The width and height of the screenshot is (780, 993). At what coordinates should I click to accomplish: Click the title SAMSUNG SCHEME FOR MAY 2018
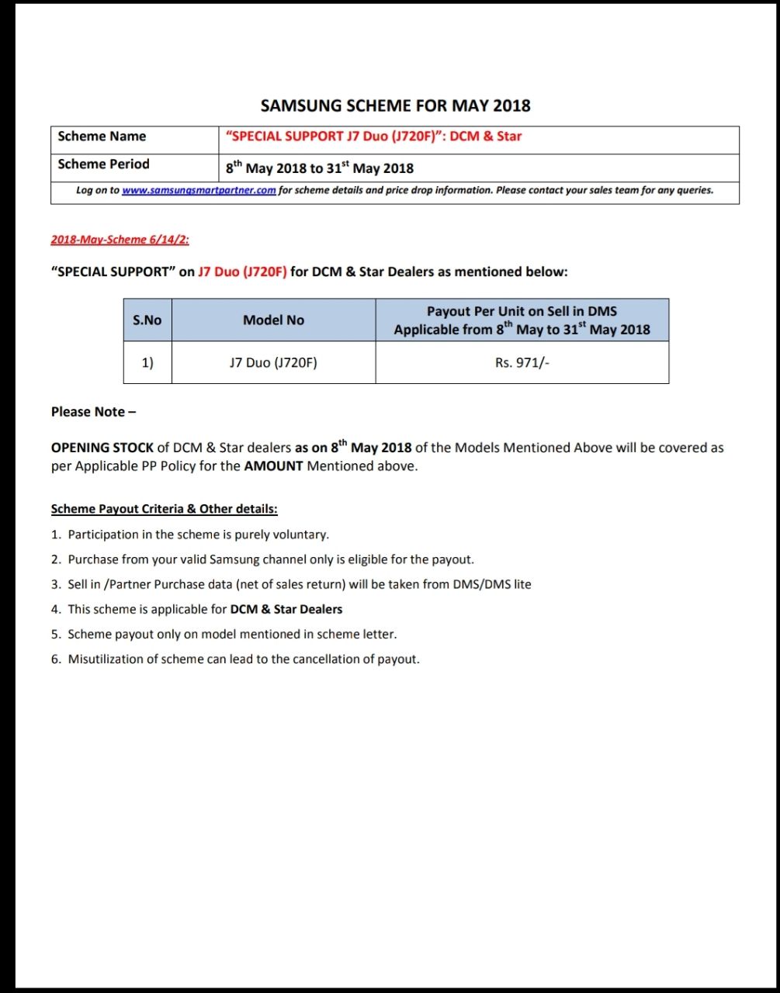[395, 106]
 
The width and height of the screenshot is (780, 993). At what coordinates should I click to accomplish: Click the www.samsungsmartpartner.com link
[199, 190]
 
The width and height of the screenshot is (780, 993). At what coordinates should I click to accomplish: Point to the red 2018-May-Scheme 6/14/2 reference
[120, 240]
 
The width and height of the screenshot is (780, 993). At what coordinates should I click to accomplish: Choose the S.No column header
[147, 320]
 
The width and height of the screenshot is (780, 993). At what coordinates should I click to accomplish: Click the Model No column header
[273, 320]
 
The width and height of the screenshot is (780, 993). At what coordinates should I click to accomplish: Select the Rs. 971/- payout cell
[522, 362]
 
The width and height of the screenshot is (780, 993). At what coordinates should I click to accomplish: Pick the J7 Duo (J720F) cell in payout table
[273, 362]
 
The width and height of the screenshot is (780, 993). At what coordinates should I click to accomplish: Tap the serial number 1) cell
[147, 362]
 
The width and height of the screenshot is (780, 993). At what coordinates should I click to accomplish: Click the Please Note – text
[93, 412]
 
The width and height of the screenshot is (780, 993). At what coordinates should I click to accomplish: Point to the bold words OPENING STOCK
[102, 448]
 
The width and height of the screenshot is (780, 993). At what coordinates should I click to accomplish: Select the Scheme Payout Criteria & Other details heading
[164, 510]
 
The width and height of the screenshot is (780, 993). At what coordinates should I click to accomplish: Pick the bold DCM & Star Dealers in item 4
[286, 609]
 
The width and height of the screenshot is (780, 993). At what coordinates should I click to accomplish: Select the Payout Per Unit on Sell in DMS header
[522, 312]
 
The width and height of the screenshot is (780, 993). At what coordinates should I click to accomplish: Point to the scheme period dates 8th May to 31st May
[320, 168]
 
